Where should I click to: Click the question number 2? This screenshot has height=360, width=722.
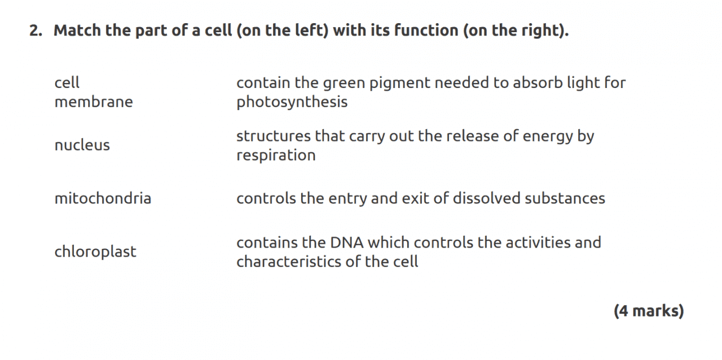pyautogui.click(x=36, y=30)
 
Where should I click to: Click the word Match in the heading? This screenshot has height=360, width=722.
pyautogui.click(x=77, y=30)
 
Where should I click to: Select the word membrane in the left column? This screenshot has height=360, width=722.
pyautogui.click(x=94, y=102)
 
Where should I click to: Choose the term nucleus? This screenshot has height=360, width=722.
pyautogui.click(x=82, y=145)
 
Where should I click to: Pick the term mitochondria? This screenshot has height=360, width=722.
pyautogui.click(x=103, y=197)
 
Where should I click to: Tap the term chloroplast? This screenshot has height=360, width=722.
pyautogui.click(x=95, y=252)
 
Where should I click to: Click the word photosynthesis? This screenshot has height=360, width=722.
pyautogui.click(x=292, y=102)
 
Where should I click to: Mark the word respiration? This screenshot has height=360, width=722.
pyautogui.click(x=276, y=156)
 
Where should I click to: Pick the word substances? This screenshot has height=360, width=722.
pyautogui.click(x=565, y=197)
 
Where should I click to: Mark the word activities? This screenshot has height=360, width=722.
pyautogui.click(x=536, y=243)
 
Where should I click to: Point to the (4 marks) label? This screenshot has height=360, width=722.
pyautogui.click(x=649, y=311)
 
